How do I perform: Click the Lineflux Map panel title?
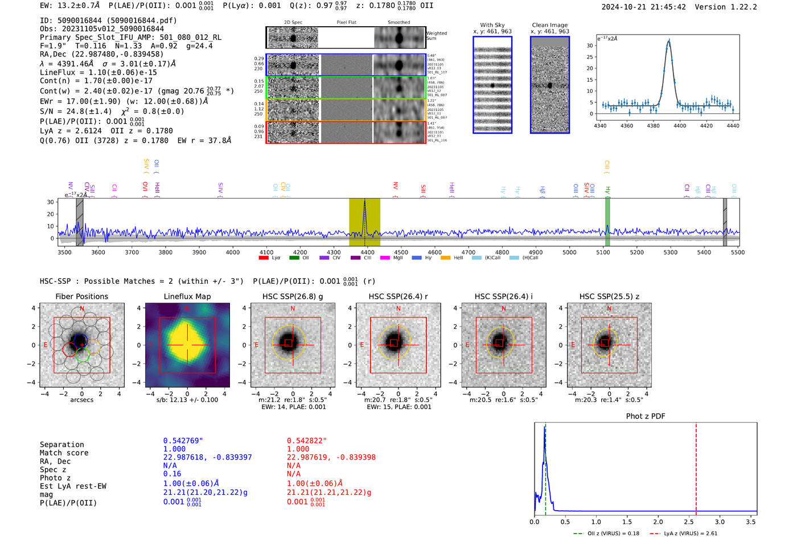(x=187, y=296)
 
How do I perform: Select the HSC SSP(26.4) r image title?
(x=398, y=296)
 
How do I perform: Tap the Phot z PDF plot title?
(x=645, y=416)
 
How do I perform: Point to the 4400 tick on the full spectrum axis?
(x=367, y=252)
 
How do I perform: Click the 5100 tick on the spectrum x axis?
(x=603, y=252)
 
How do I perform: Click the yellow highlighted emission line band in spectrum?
(x=364, y=222)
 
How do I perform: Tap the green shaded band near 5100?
(x=607, y=222)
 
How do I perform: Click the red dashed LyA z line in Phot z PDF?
(x=696, y=466)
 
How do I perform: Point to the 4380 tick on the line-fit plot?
(x=653, y=125)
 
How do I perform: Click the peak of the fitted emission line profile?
(x=669, y=41)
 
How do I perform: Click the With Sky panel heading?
(x=492, y=25)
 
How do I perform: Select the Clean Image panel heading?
(x=549, y=25)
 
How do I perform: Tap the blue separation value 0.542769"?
(x=183, y=441)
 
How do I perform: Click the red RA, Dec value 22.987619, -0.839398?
(x=331, y=457)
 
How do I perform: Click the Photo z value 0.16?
(x=172, y=474)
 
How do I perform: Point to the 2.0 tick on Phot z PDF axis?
(x=658, y=522)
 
